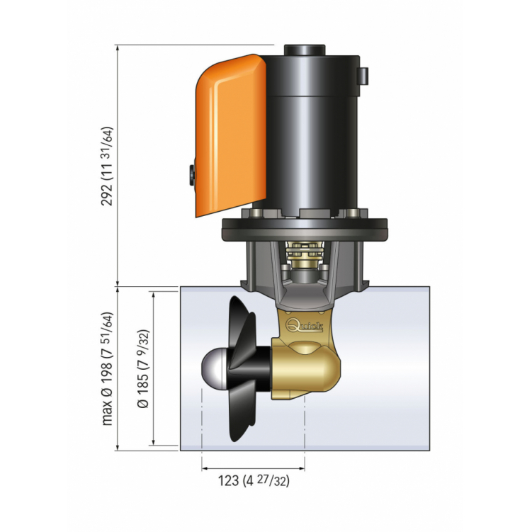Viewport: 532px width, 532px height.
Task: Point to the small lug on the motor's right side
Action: (x=365, y=75)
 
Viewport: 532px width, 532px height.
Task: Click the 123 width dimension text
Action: (x=253, y=481)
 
